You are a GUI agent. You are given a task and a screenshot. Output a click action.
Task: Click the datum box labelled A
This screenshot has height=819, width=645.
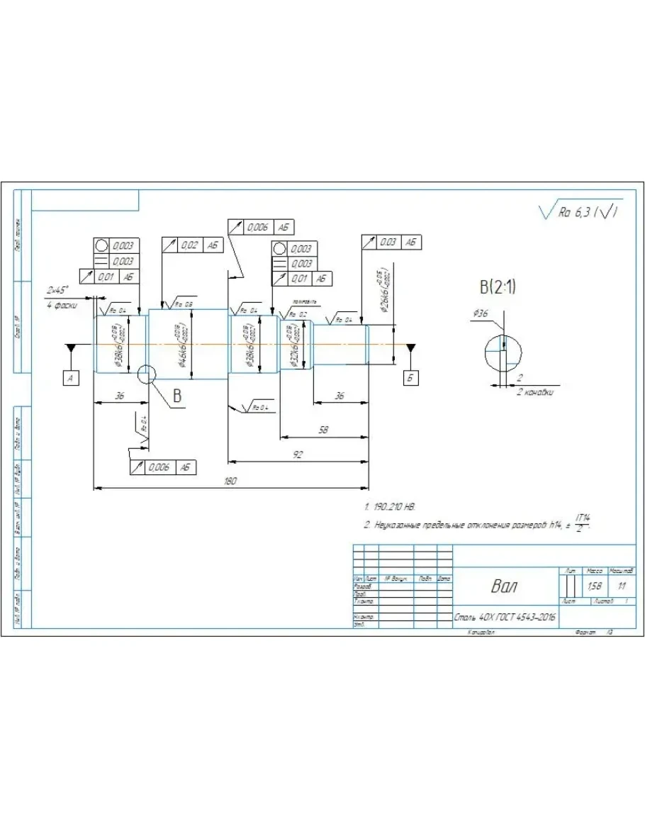tap(70, 379)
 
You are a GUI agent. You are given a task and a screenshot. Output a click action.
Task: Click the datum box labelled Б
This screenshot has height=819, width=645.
tap(410, 378)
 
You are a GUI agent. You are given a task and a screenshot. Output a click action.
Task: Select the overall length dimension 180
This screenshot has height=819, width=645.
tap(230, 481)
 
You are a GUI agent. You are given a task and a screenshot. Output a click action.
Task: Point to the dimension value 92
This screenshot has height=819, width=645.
tap(298, 455)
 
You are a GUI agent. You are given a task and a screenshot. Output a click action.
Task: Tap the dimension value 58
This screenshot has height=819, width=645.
tap(323, 430)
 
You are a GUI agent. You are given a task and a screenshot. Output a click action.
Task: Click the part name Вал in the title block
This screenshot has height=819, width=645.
tap(504, 587)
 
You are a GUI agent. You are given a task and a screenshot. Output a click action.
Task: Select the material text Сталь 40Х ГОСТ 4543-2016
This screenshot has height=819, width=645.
tap(504, 618)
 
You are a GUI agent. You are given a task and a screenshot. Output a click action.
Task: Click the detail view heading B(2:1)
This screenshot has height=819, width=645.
tap(498, 287)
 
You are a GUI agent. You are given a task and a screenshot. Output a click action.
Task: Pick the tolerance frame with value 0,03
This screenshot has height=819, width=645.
tap(390, 242)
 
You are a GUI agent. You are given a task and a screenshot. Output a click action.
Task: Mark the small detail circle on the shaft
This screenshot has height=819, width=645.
tap(147, 373)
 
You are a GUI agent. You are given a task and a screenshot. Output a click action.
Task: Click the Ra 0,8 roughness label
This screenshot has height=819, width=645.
tap(184, 304)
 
